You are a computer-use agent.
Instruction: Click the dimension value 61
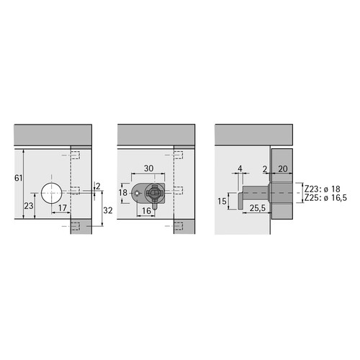coord(19,178)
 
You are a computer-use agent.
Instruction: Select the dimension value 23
coord(29,206)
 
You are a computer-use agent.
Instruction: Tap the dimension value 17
coord(63,207)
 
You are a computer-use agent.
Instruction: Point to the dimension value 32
coord(108,210)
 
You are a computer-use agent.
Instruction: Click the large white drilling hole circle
coord(51,193)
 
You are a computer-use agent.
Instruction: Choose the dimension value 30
coord(149,168)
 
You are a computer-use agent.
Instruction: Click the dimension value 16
coord(146,211)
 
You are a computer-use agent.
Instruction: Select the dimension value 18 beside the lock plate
coord(123,192)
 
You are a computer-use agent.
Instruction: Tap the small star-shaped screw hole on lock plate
coord(137,193)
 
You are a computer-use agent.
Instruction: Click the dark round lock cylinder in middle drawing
coord(153,193)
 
